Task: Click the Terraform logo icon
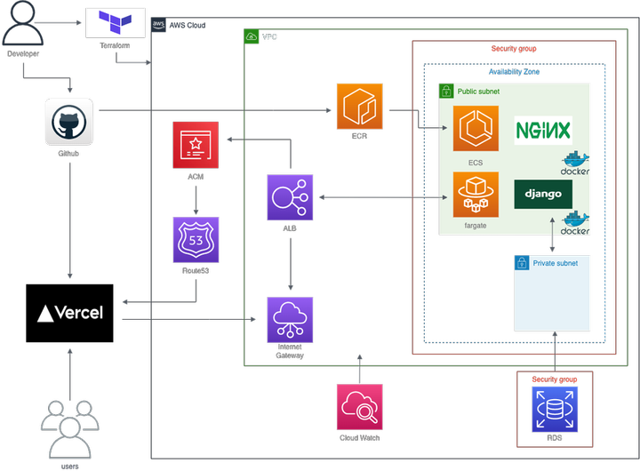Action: coord(115,22)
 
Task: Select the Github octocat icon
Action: coord(69,122)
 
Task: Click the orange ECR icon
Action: coord(359,106)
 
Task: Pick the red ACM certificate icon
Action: coord(196,145)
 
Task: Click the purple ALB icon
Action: coord(289,196)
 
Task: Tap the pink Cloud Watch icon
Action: coord(360,406)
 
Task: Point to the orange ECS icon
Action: coord(476,129)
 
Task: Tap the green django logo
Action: coord(543,194)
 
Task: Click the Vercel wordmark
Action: coord(70,313)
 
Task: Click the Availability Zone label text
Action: coord(514,72)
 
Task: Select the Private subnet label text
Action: coord(555,263)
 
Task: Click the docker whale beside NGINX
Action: coord(575,163)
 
